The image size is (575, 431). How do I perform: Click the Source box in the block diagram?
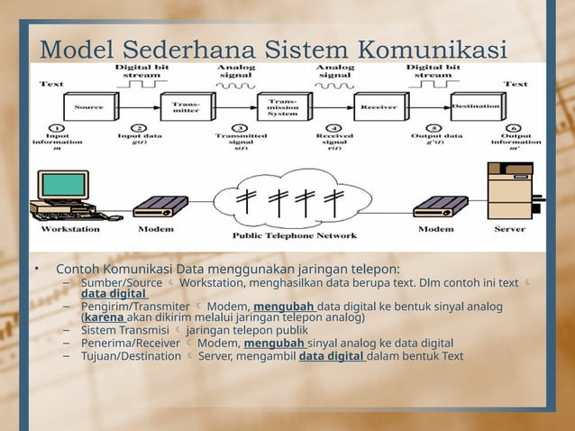coord(87,107)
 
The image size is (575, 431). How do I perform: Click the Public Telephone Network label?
coord(295,236)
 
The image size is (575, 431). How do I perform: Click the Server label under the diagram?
coord(509,229)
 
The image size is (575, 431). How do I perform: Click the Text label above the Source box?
coord(51,84)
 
